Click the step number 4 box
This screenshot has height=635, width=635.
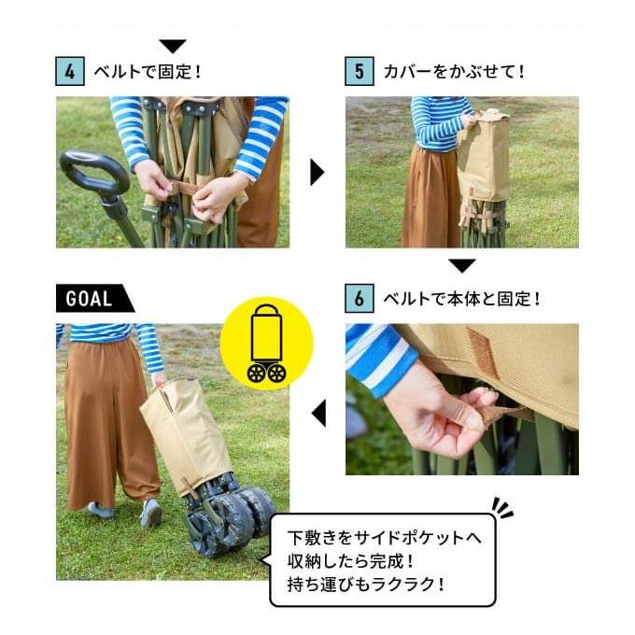point(70,71)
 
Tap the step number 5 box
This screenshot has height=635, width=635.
point(360,71)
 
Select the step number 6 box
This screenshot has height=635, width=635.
point(360,299)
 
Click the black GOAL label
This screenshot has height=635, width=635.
point(94,299)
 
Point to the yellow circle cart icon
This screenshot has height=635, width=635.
point(266,344)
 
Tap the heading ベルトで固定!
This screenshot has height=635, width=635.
point(148,72)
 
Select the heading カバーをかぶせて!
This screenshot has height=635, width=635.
point(454,72)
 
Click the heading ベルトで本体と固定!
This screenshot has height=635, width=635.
point(461,299)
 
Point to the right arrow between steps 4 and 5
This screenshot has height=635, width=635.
point(317,172)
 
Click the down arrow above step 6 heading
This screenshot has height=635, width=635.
point(462,265)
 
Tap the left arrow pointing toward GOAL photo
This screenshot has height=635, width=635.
point(318,413)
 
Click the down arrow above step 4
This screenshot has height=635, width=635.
point(173,46)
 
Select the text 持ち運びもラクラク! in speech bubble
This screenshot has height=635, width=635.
point(366,585)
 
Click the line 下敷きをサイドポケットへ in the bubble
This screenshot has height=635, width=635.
point(385,538)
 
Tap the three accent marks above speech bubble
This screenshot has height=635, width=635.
point(502,508)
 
